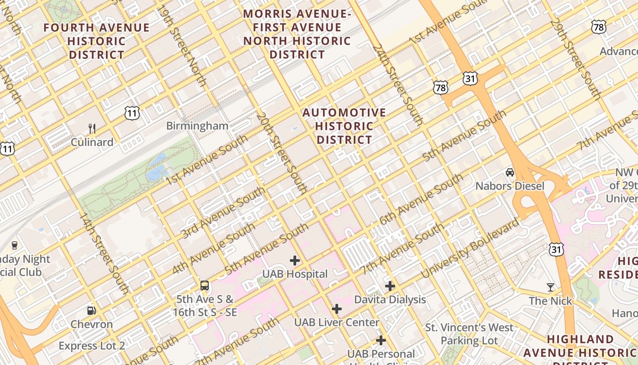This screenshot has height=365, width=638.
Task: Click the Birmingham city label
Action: [x=197, y=126]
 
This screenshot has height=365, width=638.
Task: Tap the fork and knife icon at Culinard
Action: [x=92, y=128]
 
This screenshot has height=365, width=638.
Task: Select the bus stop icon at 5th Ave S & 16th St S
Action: [x=205, y=286]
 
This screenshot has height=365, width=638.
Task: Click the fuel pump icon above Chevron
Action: [x=92, y=311]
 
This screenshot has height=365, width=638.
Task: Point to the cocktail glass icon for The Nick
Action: [x=551, y=287]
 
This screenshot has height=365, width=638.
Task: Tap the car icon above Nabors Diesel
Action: [x=509, y=172]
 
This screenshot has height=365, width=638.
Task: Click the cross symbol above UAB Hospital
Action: [x=295, y=261]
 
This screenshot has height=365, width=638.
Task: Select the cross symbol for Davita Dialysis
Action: [x=390, y=286]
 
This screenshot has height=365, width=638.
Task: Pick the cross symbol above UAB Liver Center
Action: [x=336, y=309]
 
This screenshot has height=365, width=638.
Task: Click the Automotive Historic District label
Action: [x=344, y=126]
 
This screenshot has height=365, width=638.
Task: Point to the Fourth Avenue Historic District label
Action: [x=96, y=41]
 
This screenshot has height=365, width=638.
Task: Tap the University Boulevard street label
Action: [x=470, y=249]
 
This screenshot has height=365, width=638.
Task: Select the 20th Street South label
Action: [x=281, y=153]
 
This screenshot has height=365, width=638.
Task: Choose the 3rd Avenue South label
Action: [x=223, y=213]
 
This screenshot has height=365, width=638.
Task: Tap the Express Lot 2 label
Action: [x=92, y=346]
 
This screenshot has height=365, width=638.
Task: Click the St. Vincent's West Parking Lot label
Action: [x=469, y=334]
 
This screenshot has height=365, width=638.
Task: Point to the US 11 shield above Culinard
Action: [x=132, y=113]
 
